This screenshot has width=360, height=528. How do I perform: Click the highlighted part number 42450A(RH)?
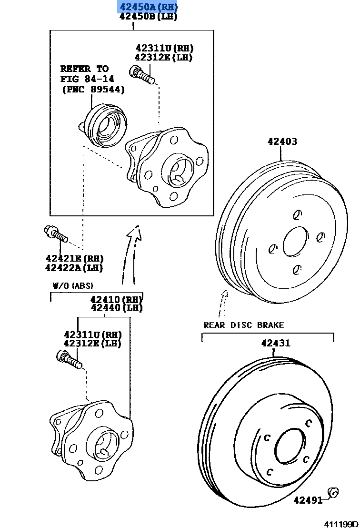[148, 7]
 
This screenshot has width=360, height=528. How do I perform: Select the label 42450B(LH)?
[148, 17]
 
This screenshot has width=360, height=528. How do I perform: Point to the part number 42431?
[275, 343]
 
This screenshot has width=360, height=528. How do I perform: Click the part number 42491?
[308, 500]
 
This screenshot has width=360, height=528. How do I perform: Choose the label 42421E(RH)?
[74, 258]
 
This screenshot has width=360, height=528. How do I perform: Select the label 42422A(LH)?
[74, 267]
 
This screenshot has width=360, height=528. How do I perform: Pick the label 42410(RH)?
[116, 299]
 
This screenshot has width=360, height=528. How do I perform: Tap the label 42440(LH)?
[116, 308]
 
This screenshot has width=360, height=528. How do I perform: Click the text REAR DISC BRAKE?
[243, 325]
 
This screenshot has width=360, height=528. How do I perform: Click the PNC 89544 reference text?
[93, 89]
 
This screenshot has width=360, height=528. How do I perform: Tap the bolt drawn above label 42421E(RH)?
[55, 234]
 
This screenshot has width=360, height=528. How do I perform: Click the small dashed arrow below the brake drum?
[222, 302]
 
